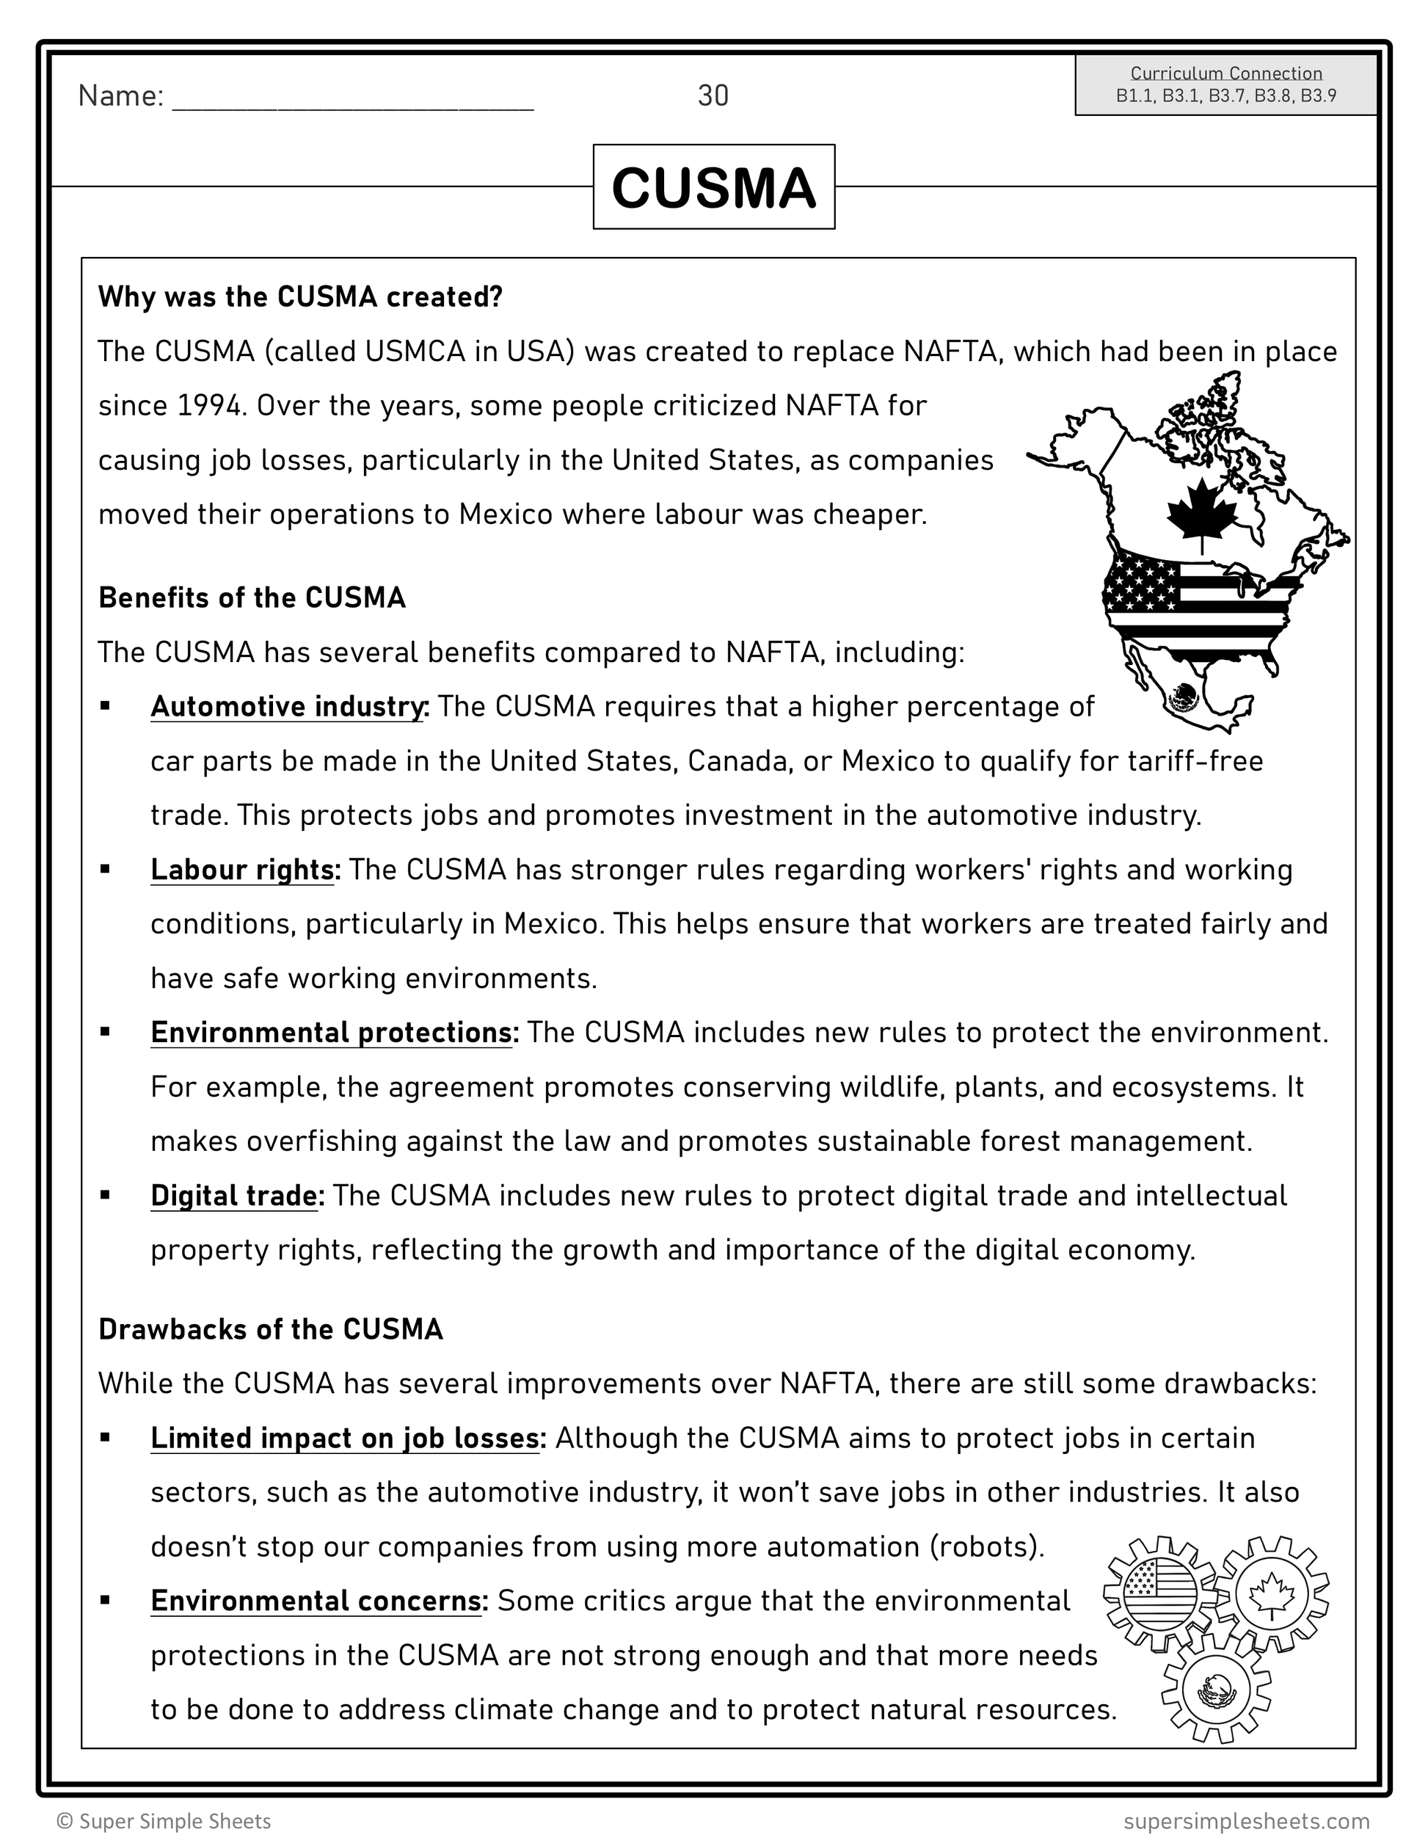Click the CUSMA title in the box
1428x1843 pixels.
[x=713, y=187]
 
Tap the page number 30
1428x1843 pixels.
[x=713, y=96]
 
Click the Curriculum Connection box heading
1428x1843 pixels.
[x=1225, y=73]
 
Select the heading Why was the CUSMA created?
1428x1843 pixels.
[x=300, y=297]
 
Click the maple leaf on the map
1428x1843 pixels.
[x=1201, y=509]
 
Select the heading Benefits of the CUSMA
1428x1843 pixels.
[x=252, y=597]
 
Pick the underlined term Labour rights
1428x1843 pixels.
[x=243, y=870]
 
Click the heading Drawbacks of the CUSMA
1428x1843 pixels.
[x=271, y=1329]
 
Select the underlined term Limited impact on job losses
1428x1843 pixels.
[x=345, y=1438]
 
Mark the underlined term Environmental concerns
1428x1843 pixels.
[x=316, y=1601]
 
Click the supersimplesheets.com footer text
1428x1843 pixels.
[x=1246, y=1821]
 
